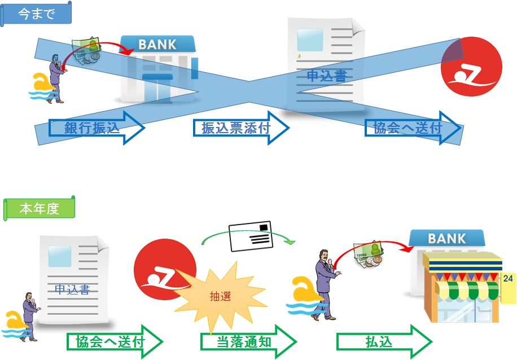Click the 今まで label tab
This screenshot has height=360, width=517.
point(37,14)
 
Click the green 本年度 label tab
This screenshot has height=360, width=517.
point(40,209)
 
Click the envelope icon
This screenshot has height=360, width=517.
point(252,235)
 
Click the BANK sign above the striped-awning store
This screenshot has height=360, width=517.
point(447,239)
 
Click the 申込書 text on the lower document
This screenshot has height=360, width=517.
point(72,290)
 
